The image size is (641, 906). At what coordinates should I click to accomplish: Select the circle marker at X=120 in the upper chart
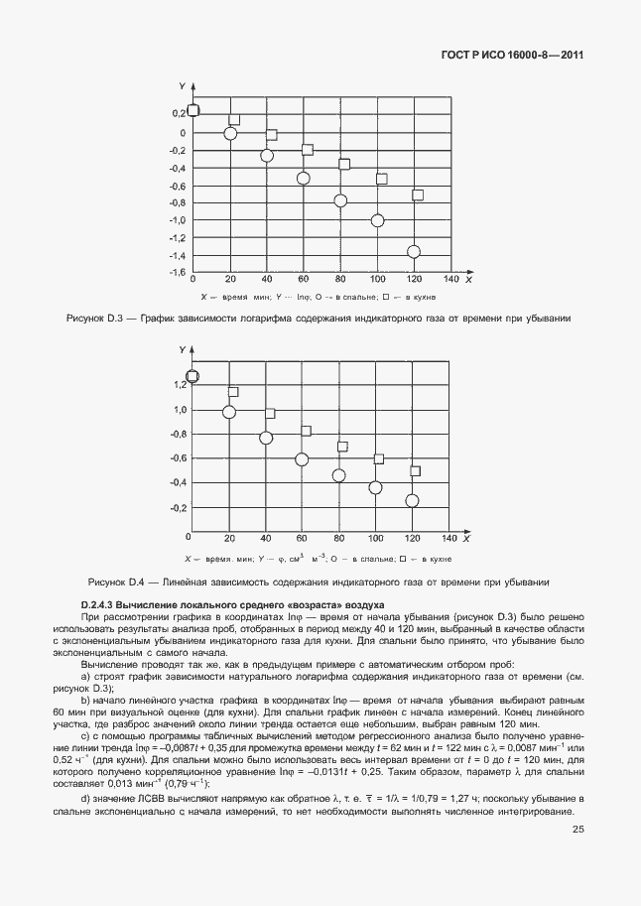click(x=414, y=251)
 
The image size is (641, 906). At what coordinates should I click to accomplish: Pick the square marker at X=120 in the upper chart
click(x=418, y=195)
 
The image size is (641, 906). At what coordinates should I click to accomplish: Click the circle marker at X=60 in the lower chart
click(x=303, y=459)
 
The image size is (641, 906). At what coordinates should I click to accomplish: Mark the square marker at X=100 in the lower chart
click(x=379, y=459)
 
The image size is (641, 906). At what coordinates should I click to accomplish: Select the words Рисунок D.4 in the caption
click(x=118, y=582)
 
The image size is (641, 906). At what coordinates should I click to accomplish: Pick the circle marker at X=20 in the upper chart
click(x=230, y=133)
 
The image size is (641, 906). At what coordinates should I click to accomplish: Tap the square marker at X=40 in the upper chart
click(x=271, y=135)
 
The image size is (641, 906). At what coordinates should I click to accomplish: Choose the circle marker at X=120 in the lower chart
click(x=413, y=501)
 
